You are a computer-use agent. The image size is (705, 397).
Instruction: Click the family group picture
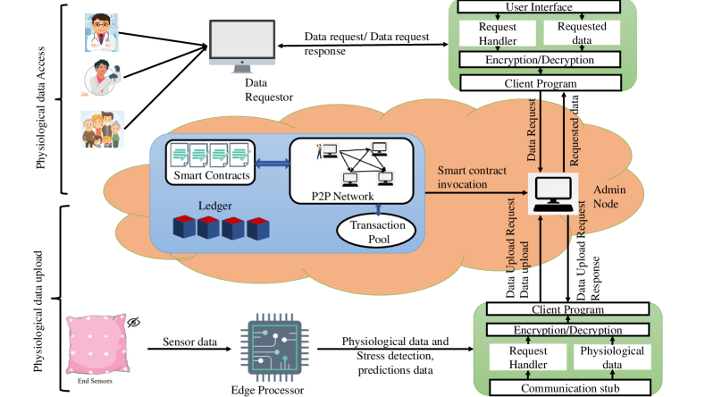101,131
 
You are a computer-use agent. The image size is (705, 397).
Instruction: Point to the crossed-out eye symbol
134,322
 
